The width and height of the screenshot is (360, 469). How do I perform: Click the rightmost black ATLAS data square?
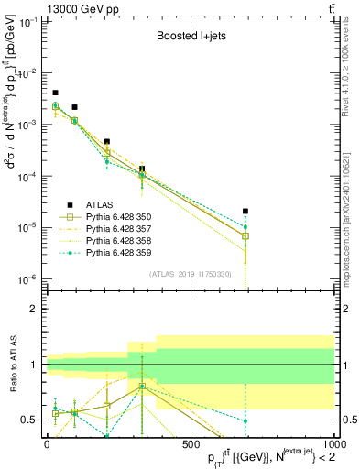245,211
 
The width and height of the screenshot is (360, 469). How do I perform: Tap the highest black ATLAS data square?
55,93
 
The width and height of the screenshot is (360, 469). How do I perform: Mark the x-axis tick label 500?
190,444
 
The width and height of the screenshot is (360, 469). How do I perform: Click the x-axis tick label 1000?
332,444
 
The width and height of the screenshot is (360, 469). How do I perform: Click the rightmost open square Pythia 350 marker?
245,235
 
